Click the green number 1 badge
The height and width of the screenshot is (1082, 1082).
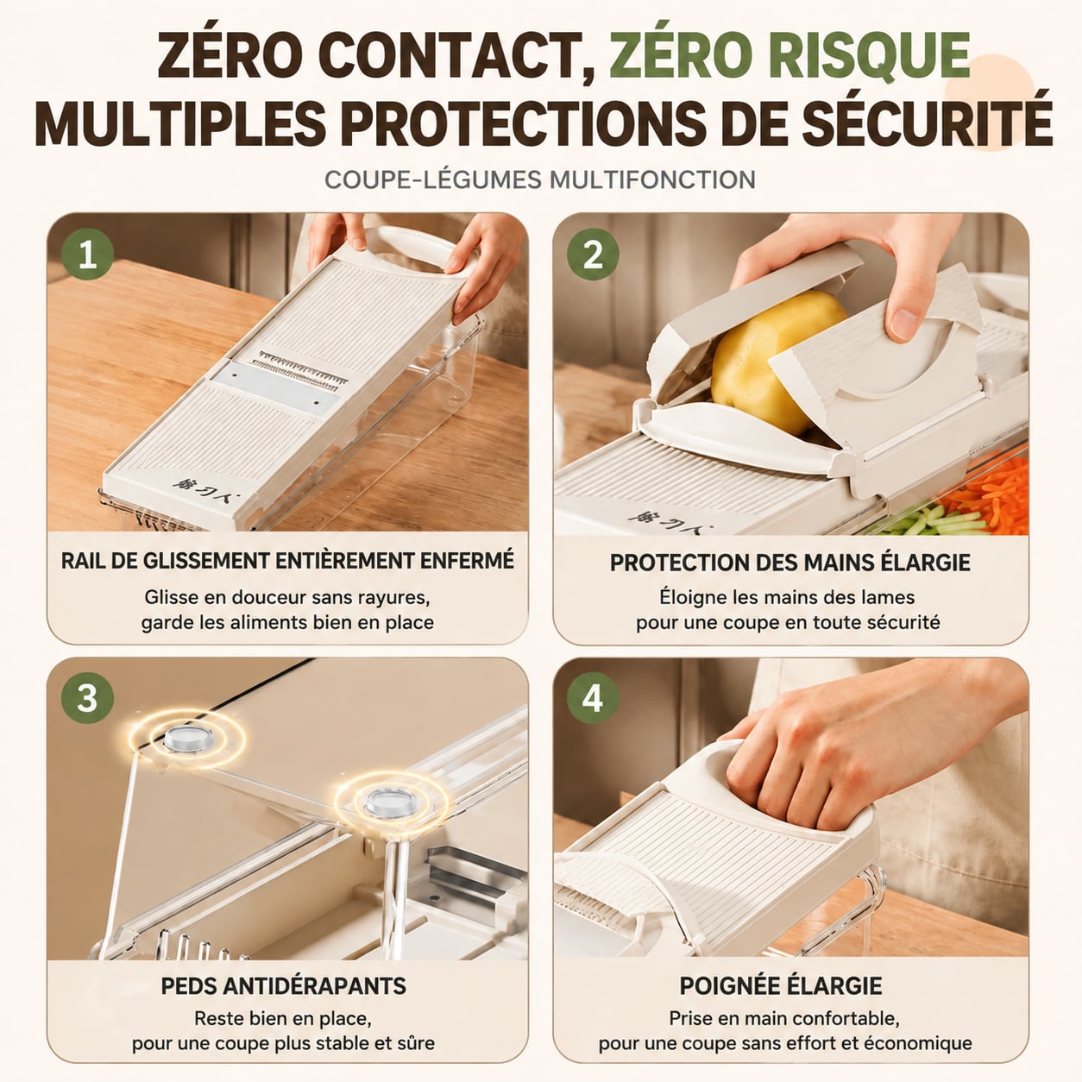(x=88, y=255)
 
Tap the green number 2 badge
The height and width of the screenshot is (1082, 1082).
(x=593, y=255)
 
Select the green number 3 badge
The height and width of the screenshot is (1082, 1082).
(x=88, y=699)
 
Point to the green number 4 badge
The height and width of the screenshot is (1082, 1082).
(x=593, y=699)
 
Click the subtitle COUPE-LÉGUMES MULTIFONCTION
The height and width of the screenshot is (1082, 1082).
(x=540, y=179)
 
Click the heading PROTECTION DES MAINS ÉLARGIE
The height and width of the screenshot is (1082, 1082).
(x=790, y=562)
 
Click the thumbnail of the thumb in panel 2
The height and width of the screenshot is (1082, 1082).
(x=903, y=324)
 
